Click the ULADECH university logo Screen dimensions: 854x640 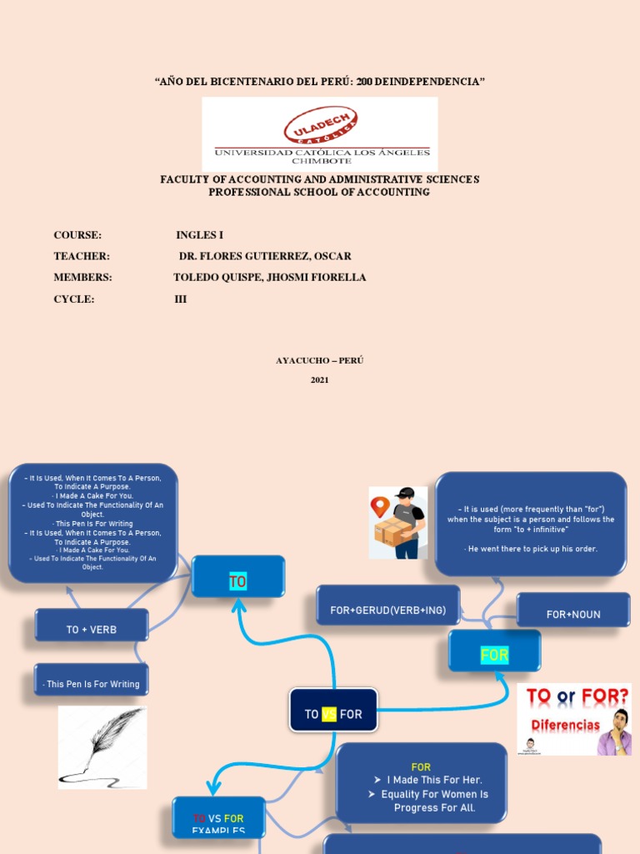[x=320, y=133]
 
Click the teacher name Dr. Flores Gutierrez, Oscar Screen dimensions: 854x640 [x=265, y=256]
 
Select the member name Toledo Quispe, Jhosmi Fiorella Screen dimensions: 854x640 [x=269, y=277]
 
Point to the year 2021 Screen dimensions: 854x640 [x=320, y=380]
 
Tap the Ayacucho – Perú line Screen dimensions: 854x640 [x=320, y=360]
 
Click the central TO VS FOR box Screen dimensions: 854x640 [x=333, y=714]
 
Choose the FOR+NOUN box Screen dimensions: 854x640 [x=573, y=614]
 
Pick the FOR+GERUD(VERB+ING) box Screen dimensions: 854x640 [x=388, y=610]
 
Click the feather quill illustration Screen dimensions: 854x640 [x=102, y=747]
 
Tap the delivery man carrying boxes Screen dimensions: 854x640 [x=398, y=523]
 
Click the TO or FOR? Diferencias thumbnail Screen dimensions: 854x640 [x=574, y=719]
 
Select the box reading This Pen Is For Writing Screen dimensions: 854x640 [x=92, y=684]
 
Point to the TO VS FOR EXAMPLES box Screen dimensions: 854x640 [x=218, y=821]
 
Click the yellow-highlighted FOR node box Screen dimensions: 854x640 [x=494, y=655]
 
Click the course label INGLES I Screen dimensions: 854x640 [x=199, y=235]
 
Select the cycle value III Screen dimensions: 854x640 [x=180, y=299]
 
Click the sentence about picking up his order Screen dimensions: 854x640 [x=531, y=549]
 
